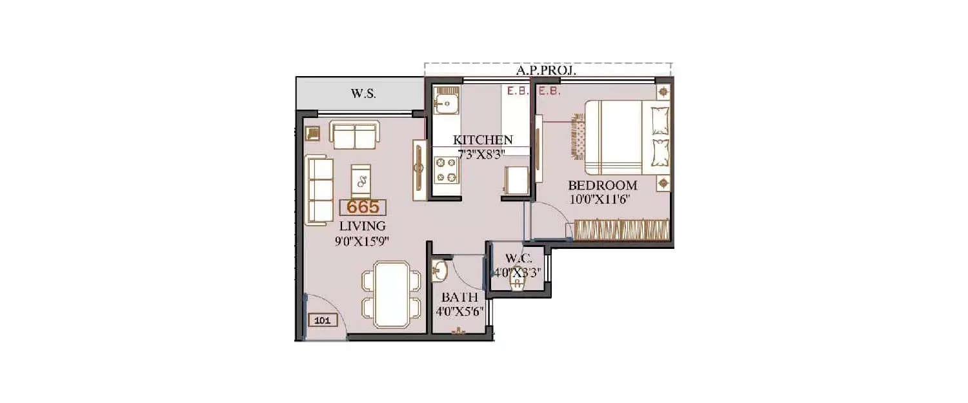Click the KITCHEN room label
483,140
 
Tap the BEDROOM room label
602,186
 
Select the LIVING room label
363,226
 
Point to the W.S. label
363,93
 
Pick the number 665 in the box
363,207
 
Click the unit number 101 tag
323,319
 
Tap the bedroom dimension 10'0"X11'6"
599,199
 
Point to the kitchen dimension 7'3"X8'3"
481,152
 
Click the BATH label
459,298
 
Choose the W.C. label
519,259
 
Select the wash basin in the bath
439,271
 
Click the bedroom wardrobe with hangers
621,230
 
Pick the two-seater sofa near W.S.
354,133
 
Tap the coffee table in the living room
361,179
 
